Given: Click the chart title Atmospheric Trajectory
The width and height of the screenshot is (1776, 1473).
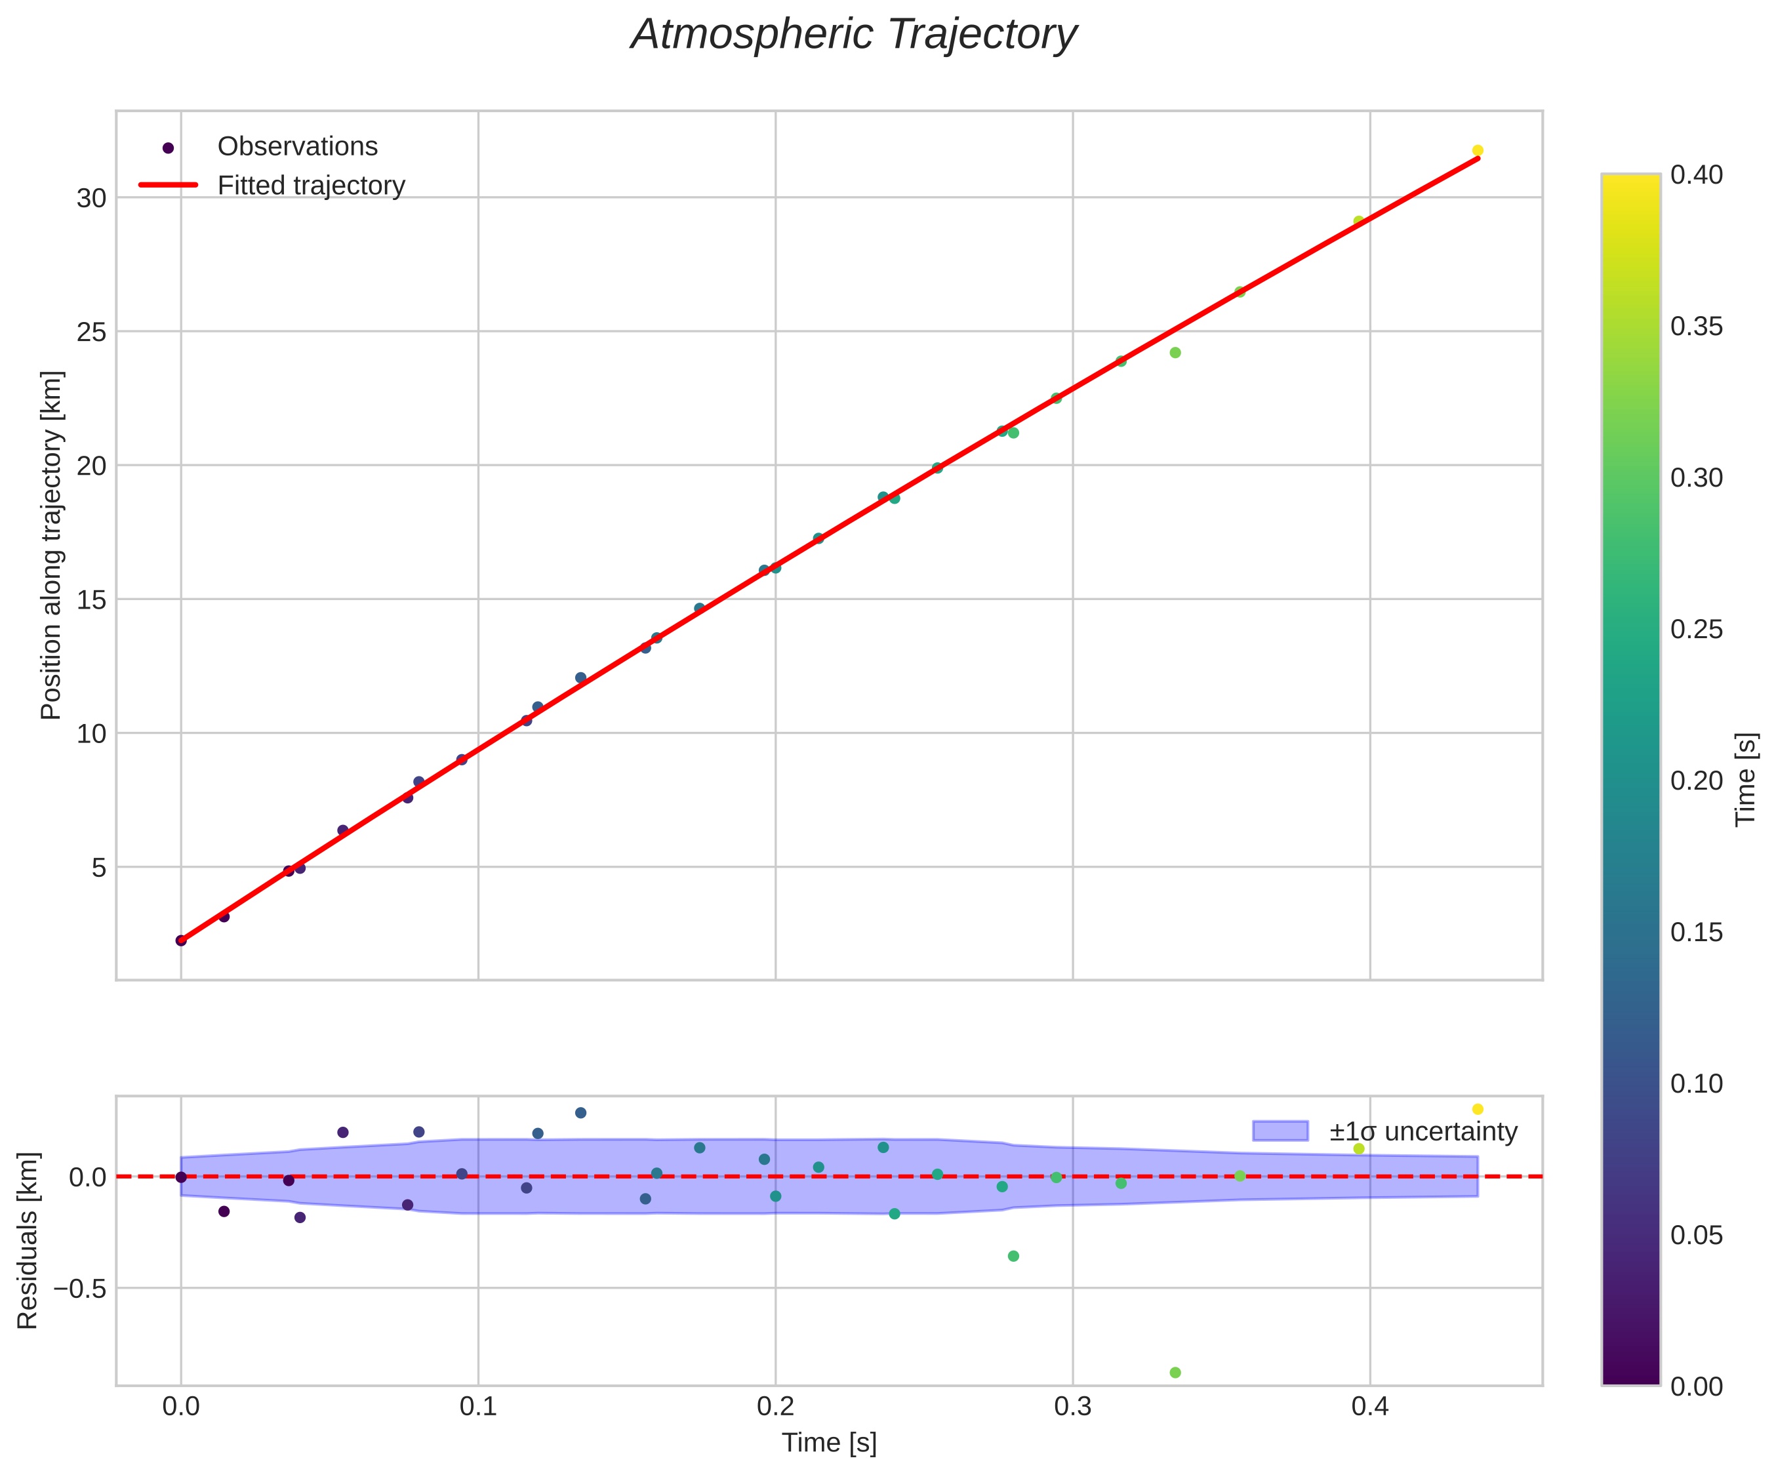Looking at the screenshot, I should pos(854,35).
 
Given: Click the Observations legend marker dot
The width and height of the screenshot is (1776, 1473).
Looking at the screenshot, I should pos(169,148).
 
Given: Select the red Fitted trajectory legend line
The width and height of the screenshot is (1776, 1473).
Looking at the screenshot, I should pos(169,184).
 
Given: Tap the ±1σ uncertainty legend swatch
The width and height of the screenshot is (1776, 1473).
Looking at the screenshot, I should pos(1280,1131).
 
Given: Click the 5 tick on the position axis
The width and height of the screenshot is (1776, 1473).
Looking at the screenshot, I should pos(98,868).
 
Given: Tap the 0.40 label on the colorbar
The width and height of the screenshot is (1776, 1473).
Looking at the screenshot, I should pos(1697,175).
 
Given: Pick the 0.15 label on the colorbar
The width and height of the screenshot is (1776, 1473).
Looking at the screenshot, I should pos(1697,933).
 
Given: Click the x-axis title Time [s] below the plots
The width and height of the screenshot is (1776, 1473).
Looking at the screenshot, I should pos(829,1443).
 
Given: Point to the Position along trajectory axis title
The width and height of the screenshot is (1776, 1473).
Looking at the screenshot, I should pos(52,546).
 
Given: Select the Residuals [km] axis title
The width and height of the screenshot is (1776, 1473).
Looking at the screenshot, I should pos(28,1240).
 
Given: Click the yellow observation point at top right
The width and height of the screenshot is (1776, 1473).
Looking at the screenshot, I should pos(1478,150).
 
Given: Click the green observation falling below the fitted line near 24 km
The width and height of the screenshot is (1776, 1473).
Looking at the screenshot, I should pos(1175,353).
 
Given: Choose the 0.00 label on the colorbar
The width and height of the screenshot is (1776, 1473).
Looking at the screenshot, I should pos(1697,1386).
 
